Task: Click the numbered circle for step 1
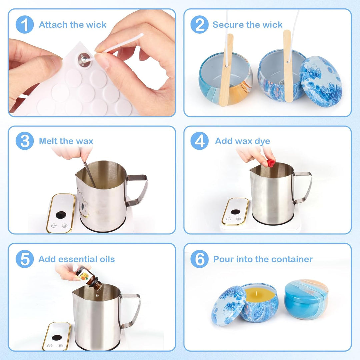click(25, 25)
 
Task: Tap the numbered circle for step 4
click(200, 141)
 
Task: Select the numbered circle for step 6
click(200, 259)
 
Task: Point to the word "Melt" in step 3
click(48, 141)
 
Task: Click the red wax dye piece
click(271, 163)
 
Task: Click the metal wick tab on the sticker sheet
click(84, 60)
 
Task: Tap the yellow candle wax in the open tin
click(259, 295)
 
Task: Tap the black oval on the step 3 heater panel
click(61, 215)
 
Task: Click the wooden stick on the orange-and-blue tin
click(226, 70)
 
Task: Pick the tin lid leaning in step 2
click(321, 79)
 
